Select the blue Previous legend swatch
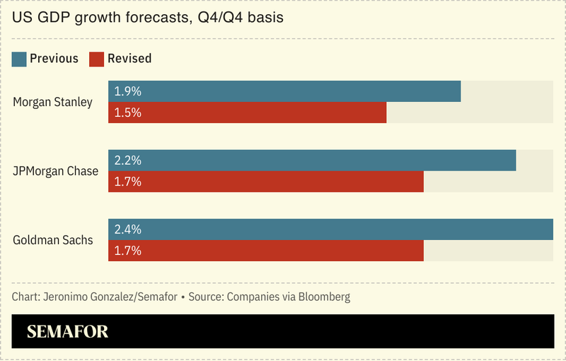tap(19, 59)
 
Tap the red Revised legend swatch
tap(96, 59)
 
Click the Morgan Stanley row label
tap(52, 102)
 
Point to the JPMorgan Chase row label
tap(55, 171)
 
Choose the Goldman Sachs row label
tap(52, 240)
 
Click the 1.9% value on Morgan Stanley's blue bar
tap(128, 91)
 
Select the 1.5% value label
tap(128, 113)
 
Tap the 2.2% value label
tap(128, 161)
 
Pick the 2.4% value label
tap(128, 229)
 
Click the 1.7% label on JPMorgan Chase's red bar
tap(128, 181)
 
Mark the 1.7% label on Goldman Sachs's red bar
tap(128, 251)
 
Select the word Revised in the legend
tap(130, 59)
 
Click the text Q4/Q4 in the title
tap(216, 18)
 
